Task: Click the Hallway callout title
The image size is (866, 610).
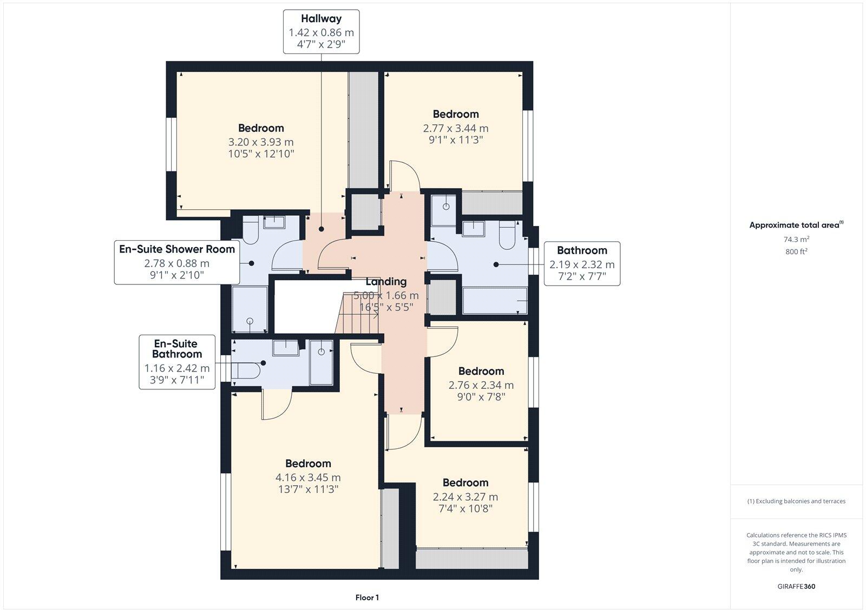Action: coord(321,19)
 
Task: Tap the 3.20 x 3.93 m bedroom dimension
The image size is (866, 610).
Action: coord(261,142)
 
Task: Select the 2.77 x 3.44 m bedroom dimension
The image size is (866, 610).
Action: coord(455,128)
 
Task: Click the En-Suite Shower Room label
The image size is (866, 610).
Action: coord(177,249)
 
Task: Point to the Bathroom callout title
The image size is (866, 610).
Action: coord(582,250)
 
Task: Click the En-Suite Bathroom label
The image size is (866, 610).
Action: coord(176,349)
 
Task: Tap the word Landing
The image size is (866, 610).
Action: coord(385,282)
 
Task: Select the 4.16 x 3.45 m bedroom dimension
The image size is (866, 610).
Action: coord(308,478)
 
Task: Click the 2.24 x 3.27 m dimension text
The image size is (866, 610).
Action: coord(465,496)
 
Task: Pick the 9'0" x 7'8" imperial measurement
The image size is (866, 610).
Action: coord(481,397)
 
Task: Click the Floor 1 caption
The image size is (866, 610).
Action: coord(367,598)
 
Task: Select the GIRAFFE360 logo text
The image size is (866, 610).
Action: coord(796,586)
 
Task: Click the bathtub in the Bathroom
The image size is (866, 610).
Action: coord(495,301)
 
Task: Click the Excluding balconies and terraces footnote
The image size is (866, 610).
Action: coord(796,501)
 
